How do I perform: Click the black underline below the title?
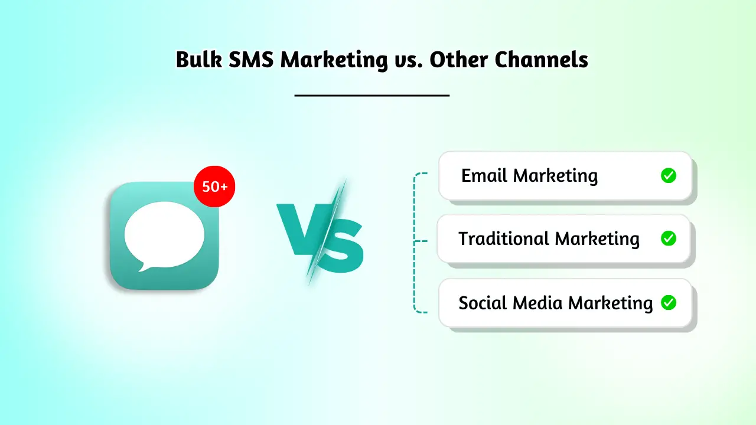coord(372,94)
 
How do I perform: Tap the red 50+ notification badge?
coord(214,187)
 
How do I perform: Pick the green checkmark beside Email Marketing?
coord(668,175)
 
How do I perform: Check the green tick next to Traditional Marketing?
coord(668,238)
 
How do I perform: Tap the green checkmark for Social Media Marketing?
coord(668,303)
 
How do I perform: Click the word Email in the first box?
coord(484,175)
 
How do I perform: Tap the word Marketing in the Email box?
coord(555,176)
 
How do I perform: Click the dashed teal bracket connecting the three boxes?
coord(415,242)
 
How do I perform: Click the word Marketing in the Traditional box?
coord(597,239)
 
